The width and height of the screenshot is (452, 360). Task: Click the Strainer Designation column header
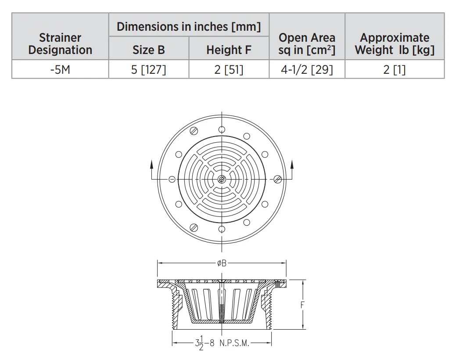(x=60, y=43)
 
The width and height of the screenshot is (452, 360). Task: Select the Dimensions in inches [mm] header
(x=189, y=26)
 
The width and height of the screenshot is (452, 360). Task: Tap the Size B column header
(x=148, y=50)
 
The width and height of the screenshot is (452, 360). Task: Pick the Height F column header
(x=229, y=50)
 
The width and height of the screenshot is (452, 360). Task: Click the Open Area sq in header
(x=307, y=43)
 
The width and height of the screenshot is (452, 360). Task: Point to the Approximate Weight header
(x=395, y=43)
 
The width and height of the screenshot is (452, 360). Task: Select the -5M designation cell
(x=60, y=69)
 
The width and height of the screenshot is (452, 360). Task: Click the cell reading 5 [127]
(x=148, y=69)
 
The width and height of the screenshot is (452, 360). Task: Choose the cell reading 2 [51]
(x=229, y=69)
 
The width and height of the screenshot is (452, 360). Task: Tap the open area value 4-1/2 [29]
(x=307, y=69)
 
